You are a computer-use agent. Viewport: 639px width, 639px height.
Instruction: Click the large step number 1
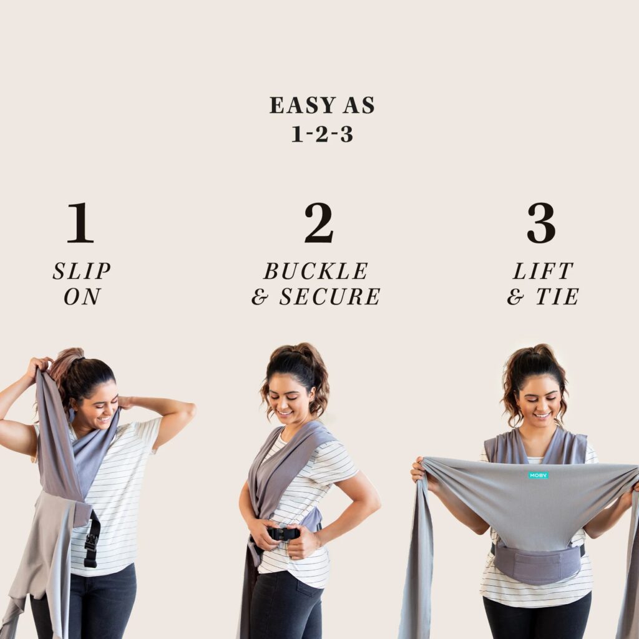80,223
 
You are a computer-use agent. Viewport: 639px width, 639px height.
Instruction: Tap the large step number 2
319,223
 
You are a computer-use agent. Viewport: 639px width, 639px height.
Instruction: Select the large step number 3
541,223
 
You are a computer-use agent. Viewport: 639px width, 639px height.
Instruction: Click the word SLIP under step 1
82,271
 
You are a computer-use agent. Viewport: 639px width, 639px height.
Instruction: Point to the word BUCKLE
316,271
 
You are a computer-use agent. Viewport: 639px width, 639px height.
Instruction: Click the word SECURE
329,296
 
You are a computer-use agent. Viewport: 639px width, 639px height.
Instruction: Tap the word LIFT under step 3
543,271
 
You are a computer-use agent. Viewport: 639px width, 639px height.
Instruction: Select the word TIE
557,296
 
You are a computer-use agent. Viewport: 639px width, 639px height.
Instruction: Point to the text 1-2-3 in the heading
322,134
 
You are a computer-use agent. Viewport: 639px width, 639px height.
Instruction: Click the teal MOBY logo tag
539,475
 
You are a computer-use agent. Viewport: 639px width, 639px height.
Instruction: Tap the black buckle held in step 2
283,534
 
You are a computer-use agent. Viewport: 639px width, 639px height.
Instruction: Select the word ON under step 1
82,296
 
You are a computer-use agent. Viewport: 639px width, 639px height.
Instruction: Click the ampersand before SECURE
260,296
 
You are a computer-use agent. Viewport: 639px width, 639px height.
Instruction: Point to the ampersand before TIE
515,296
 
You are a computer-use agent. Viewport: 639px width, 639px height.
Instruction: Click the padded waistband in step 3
538,564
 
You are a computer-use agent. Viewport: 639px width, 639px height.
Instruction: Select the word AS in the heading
359,105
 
